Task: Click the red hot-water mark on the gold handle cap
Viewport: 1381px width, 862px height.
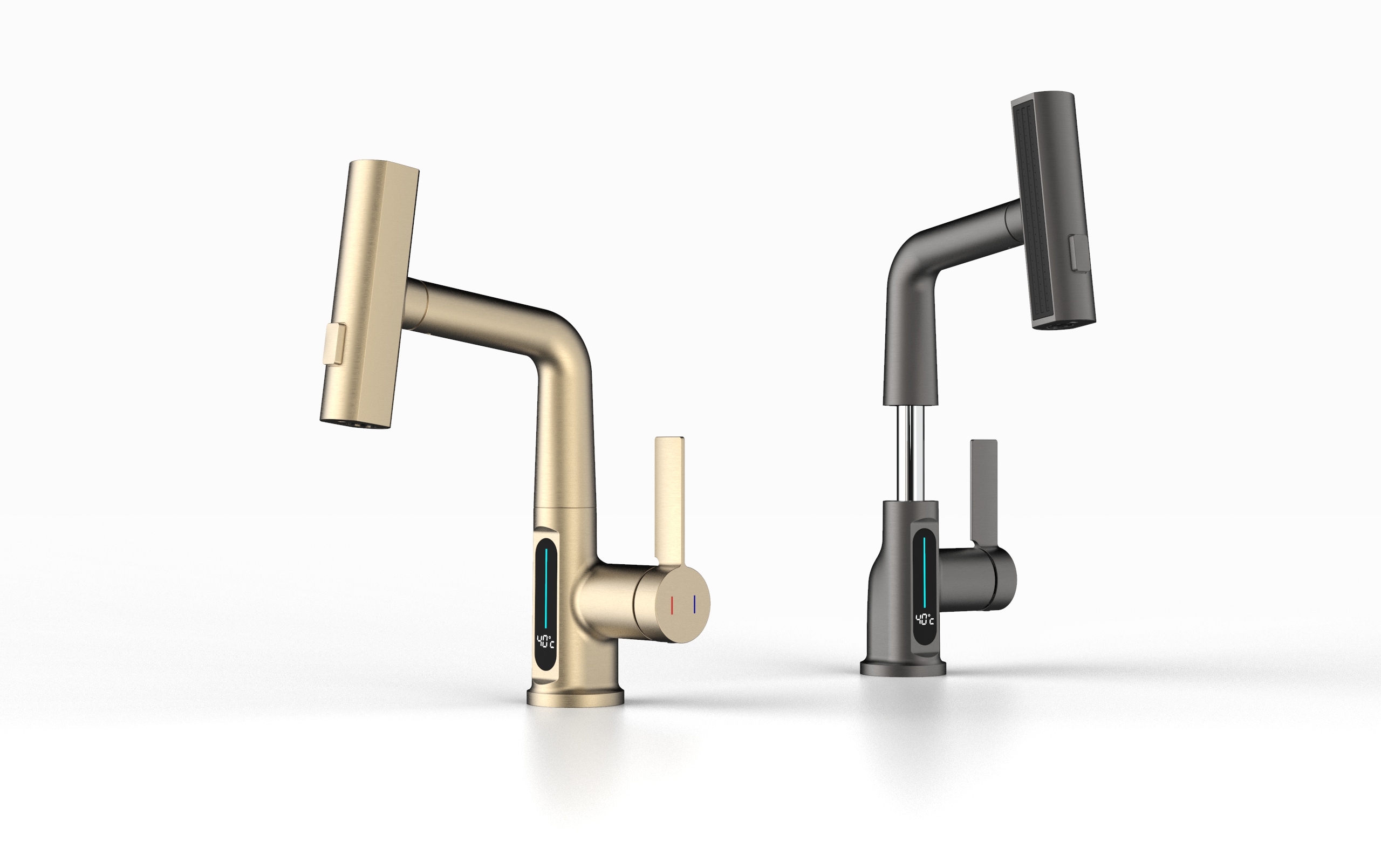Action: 673,605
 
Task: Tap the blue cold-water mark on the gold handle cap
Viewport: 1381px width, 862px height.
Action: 695,604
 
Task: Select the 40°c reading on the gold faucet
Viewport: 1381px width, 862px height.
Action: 545,642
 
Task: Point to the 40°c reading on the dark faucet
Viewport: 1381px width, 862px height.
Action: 925,620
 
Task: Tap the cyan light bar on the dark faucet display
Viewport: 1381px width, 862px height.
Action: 924,572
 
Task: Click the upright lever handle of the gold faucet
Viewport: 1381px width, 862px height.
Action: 669,502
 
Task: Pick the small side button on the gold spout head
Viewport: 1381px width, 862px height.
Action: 334,343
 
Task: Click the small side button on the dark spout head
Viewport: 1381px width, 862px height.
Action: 1078,254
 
